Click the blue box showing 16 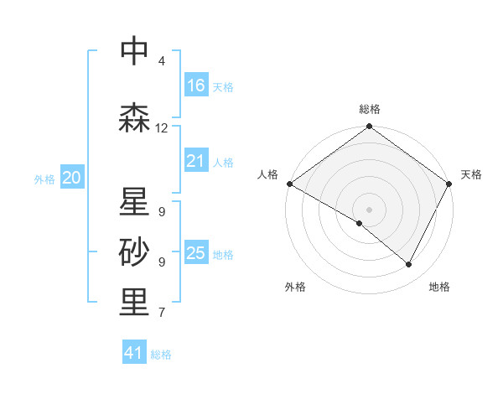coord(196,86)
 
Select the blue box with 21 coord(196,161)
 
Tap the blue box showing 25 coord(196,253)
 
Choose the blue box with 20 coord(72,178)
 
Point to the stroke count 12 coord(162,128)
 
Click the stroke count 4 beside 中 coord(161,61)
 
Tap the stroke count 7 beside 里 coord(161,313)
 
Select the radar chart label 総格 coord(370,109)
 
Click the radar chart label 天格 coord(471,174)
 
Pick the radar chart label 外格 coord(295,287)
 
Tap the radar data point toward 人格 coord(289,184)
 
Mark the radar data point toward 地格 coord(409,265)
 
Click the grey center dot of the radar coord(369,209)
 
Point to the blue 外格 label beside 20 coord(44,179)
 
